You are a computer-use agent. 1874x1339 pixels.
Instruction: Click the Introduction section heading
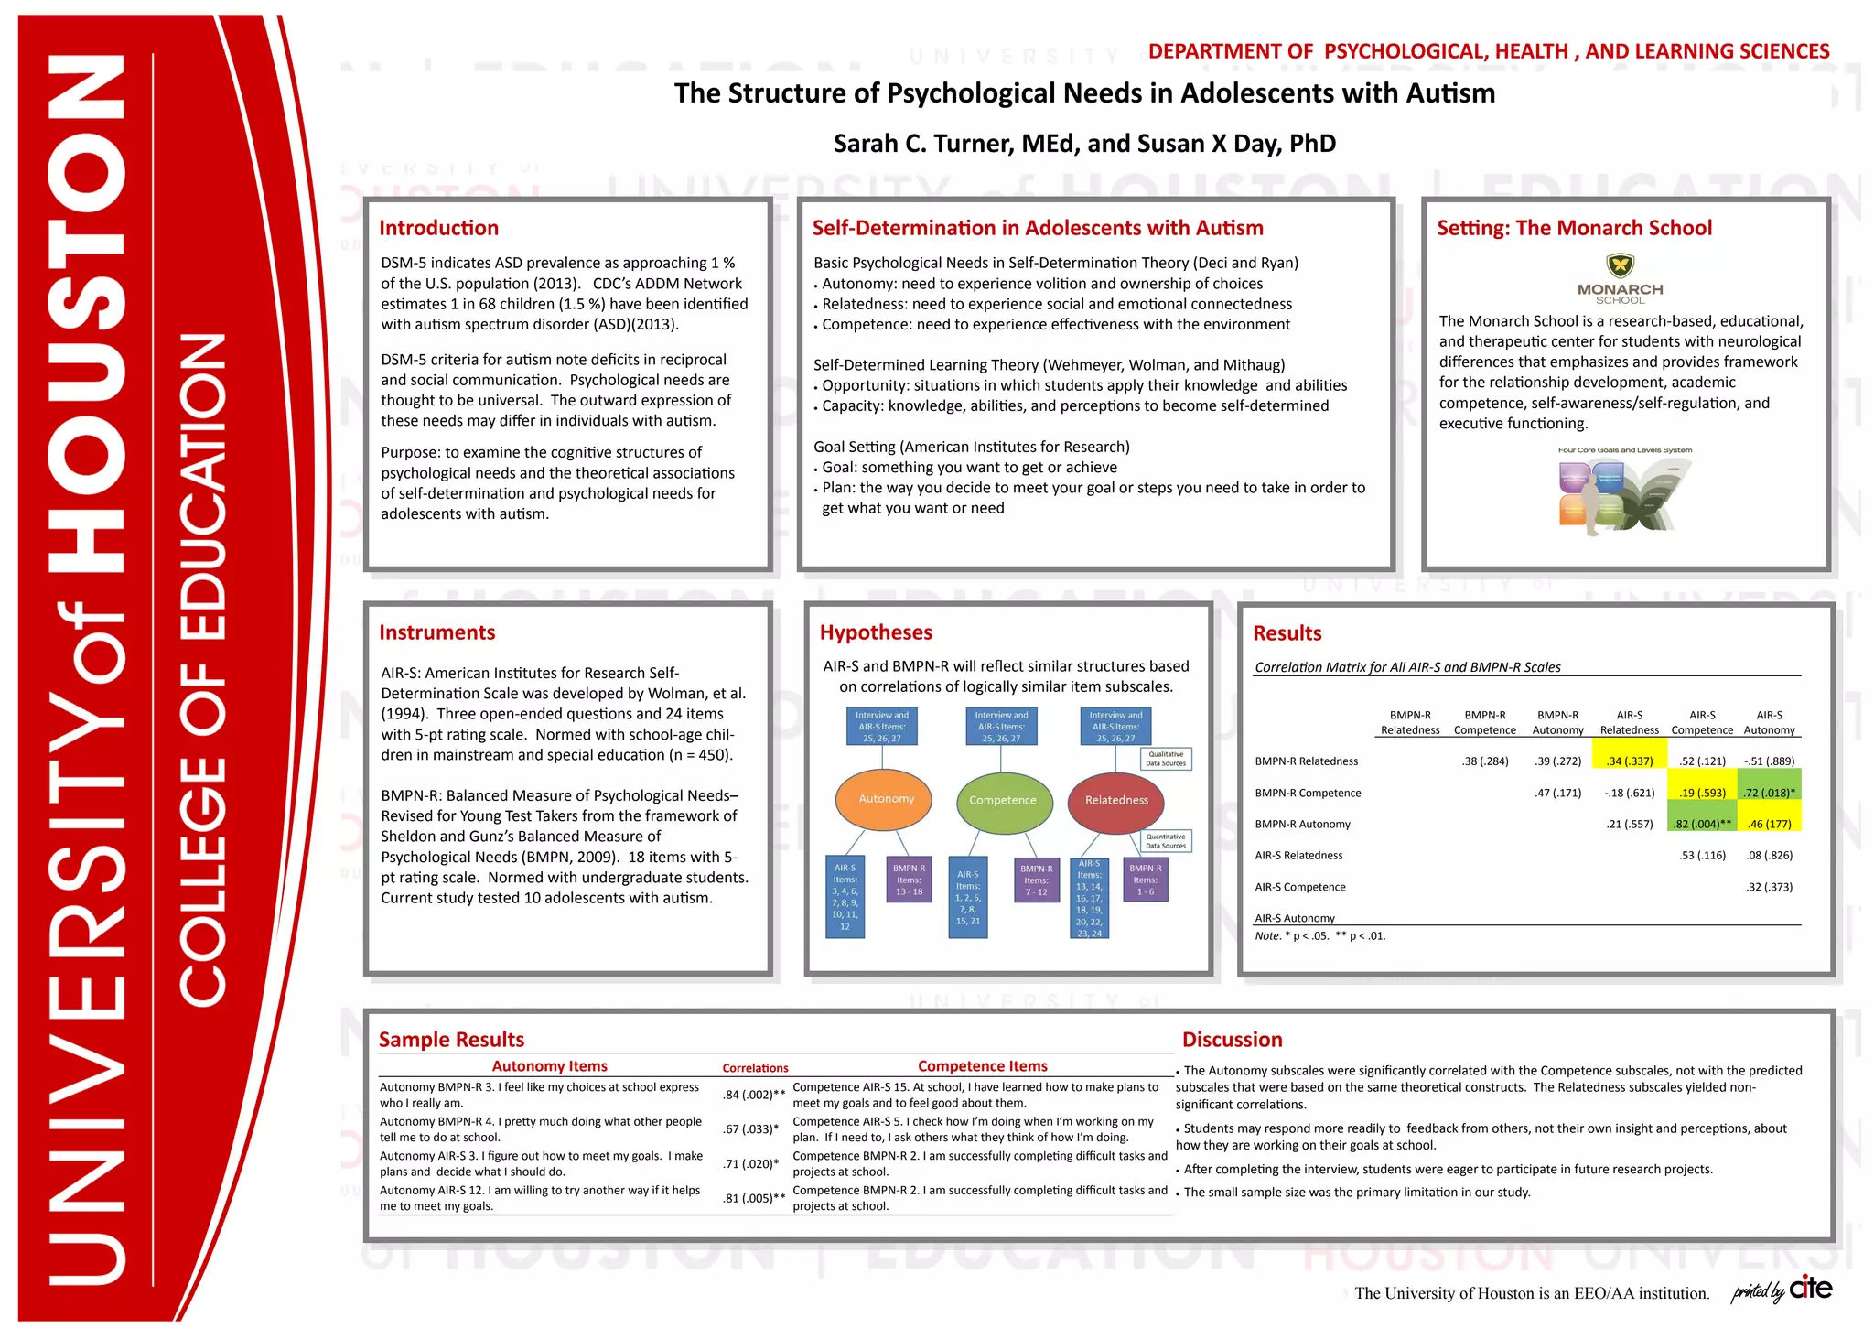pyautogui.click(x=438, y=228)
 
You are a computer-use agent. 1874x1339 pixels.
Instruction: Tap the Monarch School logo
pyautogui.click(x=1621, y=278)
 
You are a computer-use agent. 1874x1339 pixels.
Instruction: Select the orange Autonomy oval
pyautogui.click(x=885, y=799)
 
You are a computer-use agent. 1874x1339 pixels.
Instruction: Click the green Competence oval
pyautogui.click(x=1002, y=800)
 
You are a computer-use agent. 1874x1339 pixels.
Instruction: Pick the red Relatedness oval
pyautogui.click(x=1116, y=800)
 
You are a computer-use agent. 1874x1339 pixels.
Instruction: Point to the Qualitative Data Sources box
pyautogui.click(x=1166, y=759)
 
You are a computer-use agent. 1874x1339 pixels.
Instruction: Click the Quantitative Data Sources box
pyautogui.click(x=1166, y=841)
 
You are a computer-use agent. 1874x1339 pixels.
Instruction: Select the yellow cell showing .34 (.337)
pyautogui.click(x=1629, y=761)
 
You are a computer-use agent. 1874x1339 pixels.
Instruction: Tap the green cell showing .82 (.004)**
pyautogui.click(x=1702, y=824)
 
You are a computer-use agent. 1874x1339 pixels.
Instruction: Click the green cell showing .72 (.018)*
pyautogui.click(x=1769, y=793)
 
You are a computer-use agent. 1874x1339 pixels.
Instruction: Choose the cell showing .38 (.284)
pyautogui.click(x=1484, y=761)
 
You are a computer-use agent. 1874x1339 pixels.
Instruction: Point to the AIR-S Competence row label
pyautogui.click(x=1299, y=887)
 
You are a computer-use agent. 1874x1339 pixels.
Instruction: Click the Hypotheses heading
pyautogui.click(x=876, y=632)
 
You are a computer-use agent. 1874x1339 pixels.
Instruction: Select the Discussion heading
pyautogui.click(x=1232, y=1040)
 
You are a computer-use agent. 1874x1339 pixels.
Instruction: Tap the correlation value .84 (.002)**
pyautogui.click(x=753, y=1095)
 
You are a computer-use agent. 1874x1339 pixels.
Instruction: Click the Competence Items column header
pyautogui.click(x=982, y=1066)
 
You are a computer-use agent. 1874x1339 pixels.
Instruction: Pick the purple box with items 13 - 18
pyautogui.click(x=909, y=880)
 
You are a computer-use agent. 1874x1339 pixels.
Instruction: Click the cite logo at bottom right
pyautogui.click(x=1810, y=1289)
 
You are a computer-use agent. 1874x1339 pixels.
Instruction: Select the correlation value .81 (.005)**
pyautogui.click(x=753, y=1198)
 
